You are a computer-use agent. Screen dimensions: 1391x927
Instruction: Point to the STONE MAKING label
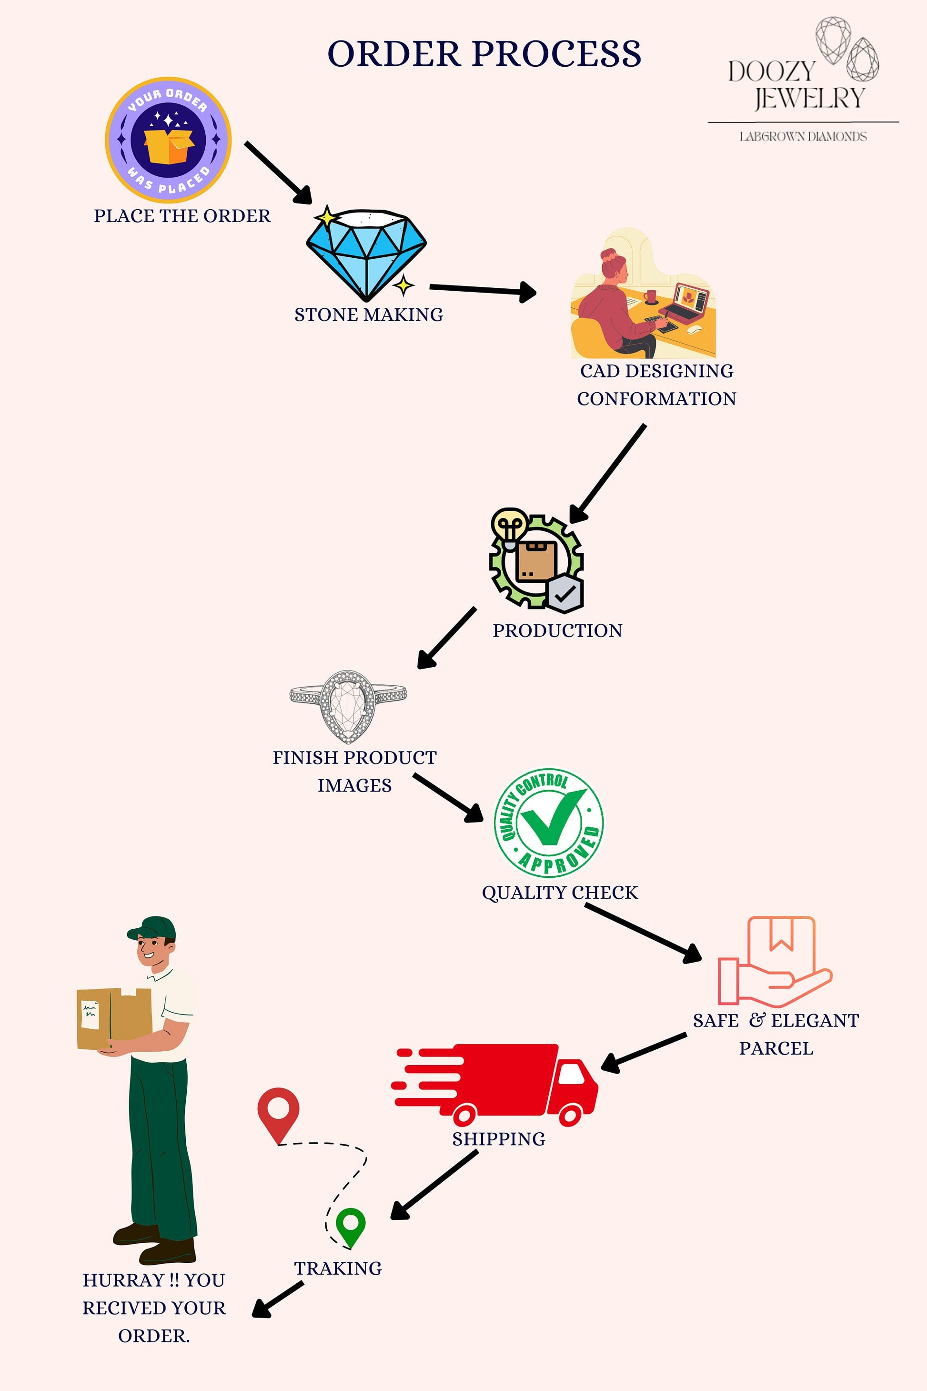coord(368,315)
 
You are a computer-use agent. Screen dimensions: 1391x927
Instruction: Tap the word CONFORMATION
coord(656,398)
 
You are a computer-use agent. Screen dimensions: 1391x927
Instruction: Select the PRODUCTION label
coord(557,630)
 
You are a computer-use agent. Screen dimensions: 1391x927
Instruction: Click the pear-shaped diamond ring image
coord(348,705)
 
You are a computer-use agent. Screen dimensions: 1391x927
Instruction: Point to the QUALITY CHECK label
coord(559,893)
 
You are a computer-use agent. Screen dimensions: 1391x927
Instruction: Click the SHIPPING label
coord(498,1139)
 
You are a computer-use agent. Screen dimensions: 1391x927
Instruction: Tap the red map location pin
coord(278,1112)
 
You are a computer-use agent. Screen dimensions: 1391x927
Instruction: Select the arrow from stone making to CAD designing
coord(482,290)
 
